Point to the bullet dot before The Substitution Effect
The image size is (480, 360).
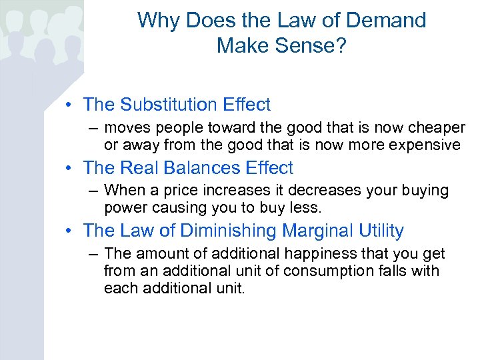pyautogui.click(x=70, y=105)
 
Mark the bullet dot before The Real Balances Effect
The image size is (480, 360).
pyautogui.click(x=70, y=168)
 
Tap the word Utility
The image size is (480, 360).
pyautogui.click(x=381, y=231)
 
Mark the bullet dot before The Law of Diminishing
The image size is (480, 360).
pyautogui.click(x=70, y=231)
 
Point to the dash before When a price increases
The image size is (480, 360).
pyautogui.click(x=92, y=191)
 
